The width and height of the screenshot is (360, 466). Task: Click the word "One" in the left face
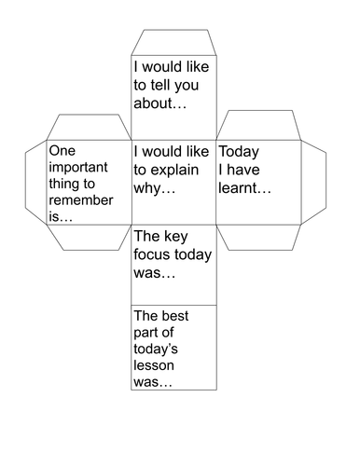point(61,149)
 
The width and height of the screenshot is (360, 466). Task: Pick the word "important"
point(78,168)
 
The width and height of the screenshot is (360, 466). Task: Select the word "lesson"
point(154,366)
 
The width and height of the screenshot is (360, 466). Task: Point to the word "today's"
point(158,349)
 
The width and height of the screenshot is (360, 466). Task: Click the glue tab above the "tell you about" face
point(173,43)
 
